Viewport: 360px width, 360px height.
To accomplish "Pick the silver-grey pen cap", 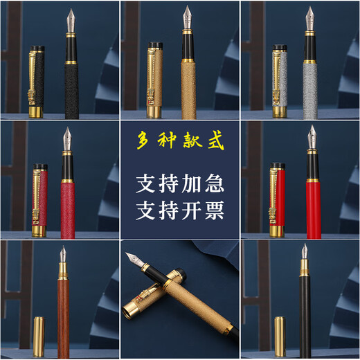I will tap(280, 80).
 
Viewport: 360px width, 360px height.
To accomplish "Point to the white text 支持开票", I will tap(180, 210).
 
